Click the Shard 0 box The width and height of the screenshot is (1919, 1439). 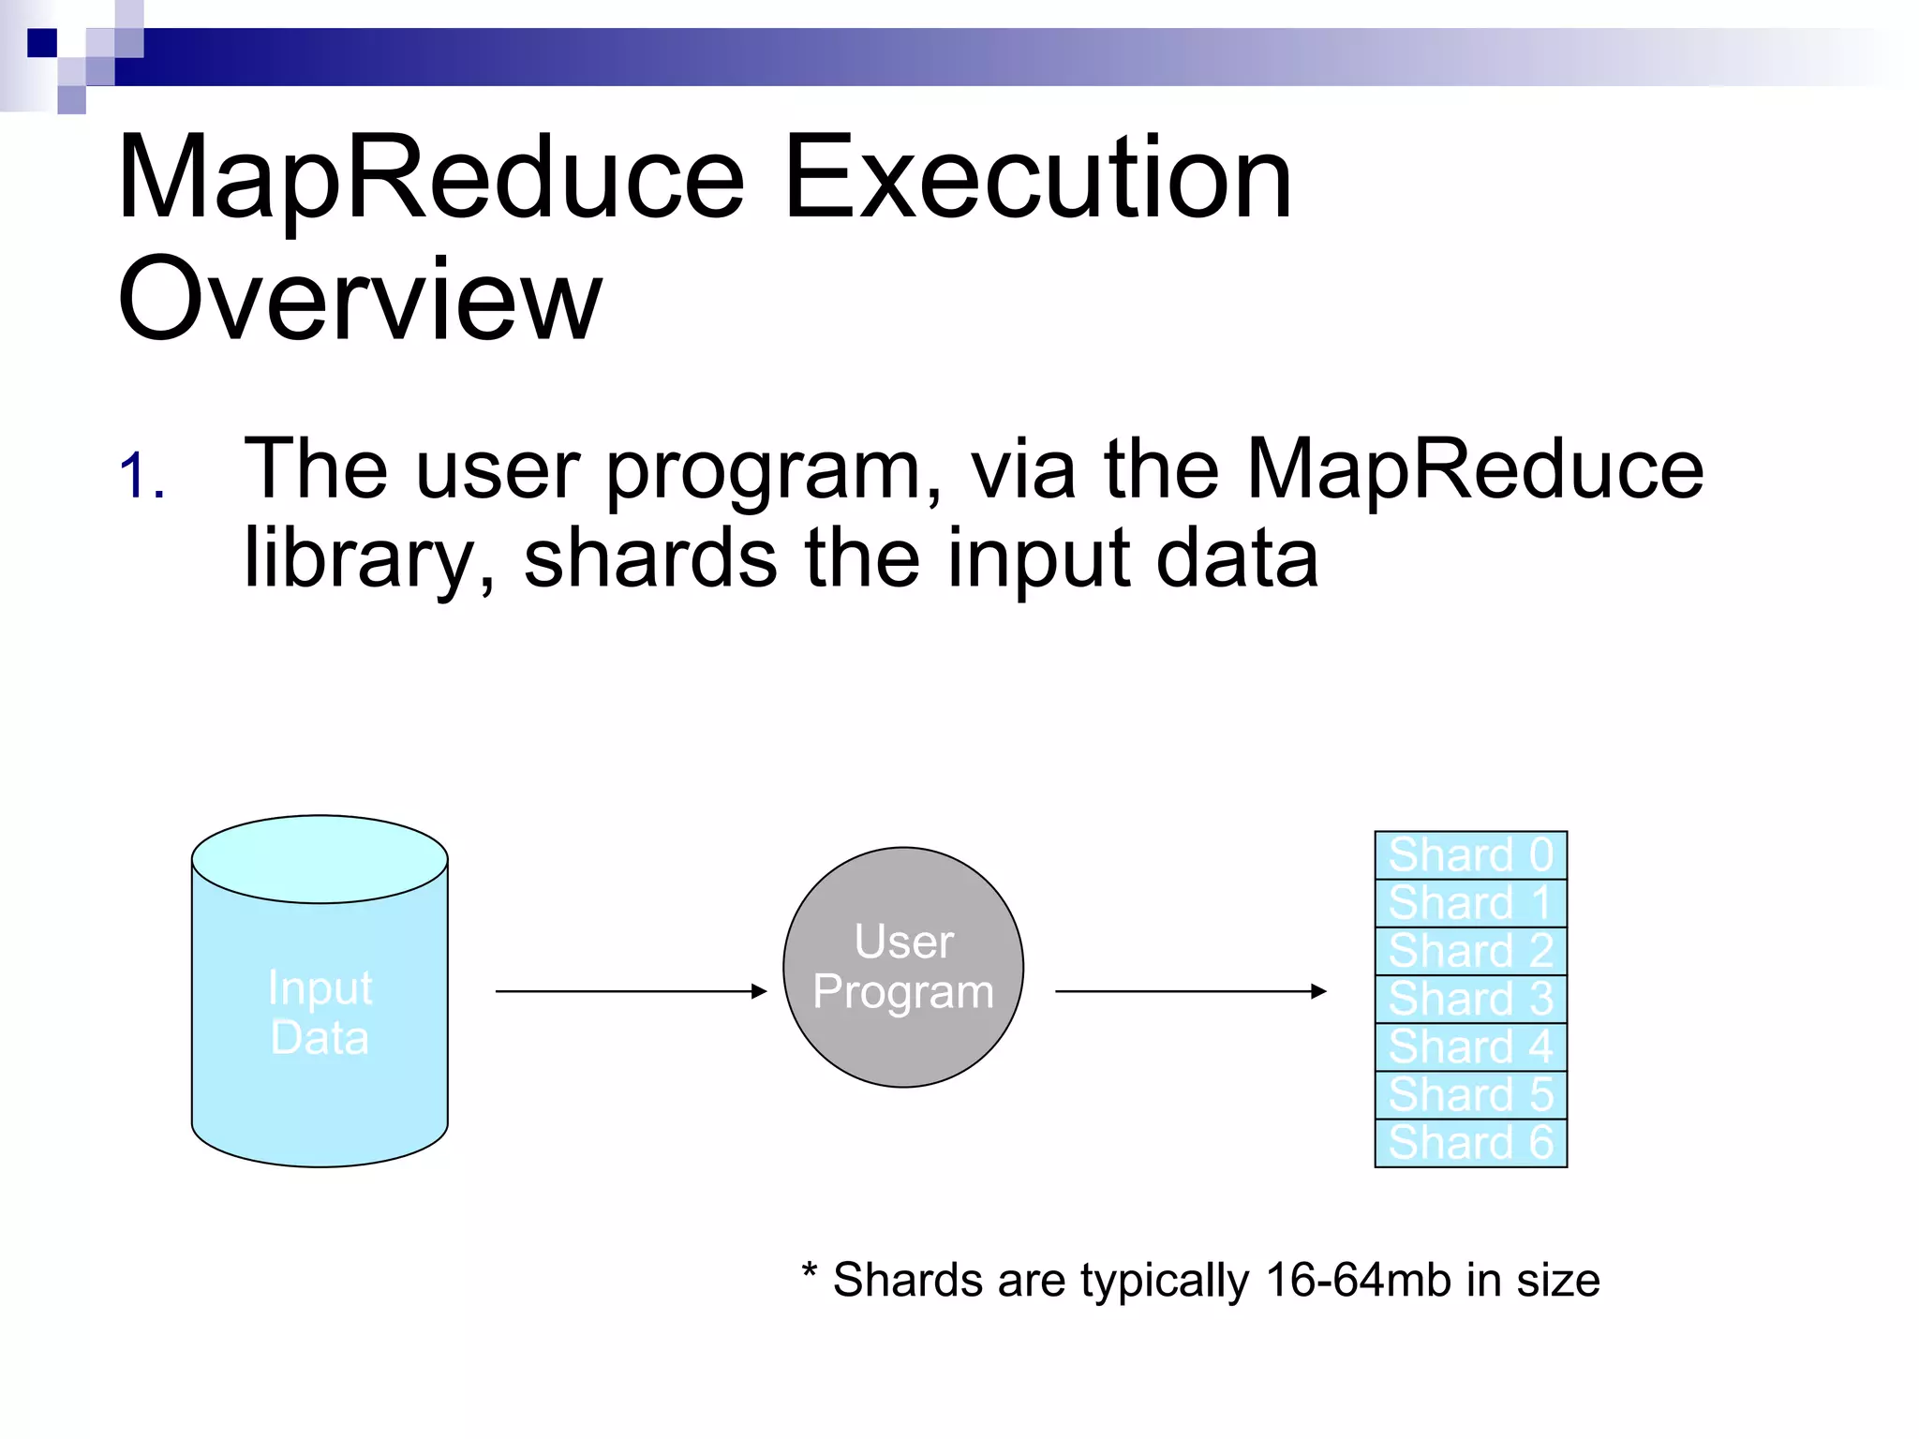point(1470,854)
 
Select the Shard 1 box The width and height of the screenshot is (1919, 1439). point(1470,903)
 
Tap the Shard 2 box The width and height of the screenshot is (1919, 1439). point(1470,951)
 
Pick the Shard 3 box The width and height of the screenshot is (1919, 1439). point(1470,999)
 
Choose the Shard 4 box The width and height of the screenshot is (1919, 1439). point(1470,1046)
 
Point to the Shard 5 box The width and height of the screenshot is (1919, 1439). point(1470,1094)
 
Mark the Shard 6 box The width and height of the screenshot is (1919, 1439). point(1470,1143)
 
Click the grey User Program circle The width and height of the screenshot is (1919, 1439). point(903,967)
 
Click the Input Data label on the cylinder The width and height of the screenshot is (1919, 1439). point(320,1013)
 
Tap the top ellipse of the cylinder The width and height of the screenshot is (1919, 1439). point(320,858)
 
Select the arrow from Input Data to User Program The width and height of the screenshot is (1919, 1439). point(631,990)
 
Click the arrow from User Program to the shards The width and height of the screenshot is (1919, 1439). point(1190,990)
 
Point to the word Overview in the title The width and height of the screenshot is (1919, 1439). point(359,300)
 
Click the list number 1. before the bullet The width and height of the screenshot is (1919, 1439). point(141,476)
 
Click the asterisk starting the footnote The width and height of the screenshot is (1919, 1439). point(809,1272)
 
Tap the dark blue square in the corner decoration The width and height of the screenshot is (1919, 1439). point(41,43)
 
